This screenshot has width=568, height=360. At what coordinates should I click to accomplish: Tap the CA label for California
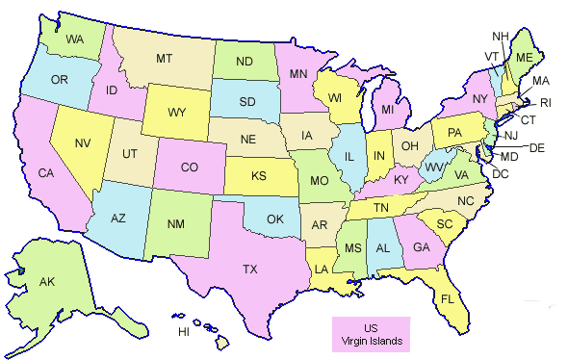45,173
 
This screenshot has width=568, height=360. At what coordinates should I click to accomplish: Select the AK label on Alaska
46,283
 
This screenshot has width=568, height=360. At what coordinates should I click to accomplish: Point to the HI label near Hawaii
184,331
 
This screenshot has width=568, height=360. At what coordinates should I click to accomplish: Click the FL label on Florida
448,297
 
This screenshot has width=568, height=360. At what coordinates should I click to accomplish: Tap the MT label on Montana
164,60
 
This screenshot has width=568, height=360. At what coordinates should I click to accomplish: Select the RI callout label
545,103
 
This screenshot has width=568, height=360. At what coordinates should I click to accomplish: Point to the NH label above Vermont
500,37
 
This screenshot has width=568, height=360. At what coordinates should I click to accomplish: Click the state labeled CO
189,167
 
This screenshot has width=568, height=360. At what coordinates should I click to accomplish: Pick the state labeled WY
176,113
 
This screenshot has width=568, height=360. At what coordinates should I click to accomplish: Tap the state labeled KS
260,176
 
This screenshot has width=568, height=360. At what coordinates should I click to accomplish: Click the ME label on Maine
524,57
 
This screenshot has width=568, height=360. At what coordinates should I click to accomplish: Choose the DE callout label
537,147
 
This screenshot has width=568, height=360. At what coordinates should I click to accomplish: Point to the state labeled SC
445,224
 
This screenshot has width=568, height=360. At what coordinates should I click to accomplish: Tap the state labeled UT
128,154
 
